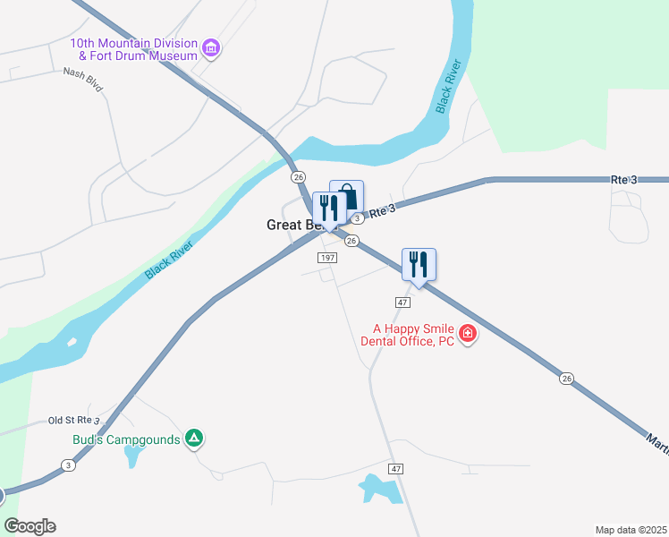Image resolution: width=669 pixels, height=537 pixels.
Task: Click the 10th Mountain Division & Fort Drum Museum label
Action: tap(134, 49)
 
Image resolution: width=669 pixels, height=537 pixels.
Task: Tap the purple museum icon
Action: tap(211, 47)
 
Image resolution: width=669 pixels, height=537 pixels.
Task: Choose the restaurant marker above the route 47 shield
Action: tap(419, 265)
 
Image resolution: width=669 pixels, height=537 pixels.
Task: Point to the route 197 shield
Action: tap(326, 258)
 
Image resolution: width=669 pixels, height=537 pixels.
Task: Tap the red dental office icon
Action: tap(467, 336)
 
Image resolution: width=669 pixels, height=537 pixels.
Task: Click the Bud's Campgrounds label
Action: tap(125, 439)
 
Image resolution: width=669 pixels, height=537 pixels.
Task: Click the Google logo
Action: tap(30, 526)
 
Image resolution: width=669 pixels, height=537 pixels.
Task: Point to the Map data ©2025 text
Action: tap(630, 530)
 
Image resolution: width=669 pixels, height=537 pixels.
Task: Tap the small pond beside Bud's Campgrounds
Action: tap(132, 456)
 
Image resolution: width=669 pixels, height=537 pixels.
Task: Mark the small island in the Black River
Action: tap(71, 343)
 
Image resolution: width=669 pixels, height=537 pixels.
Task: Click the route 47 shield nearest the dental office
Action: tap(402, 303)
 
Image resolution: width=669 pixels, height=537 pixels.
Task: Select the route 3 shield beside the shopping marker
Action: tap(357, 218)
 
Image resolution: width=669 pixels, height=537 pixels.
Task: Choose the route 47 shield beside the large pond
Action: tap(396, 469)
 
